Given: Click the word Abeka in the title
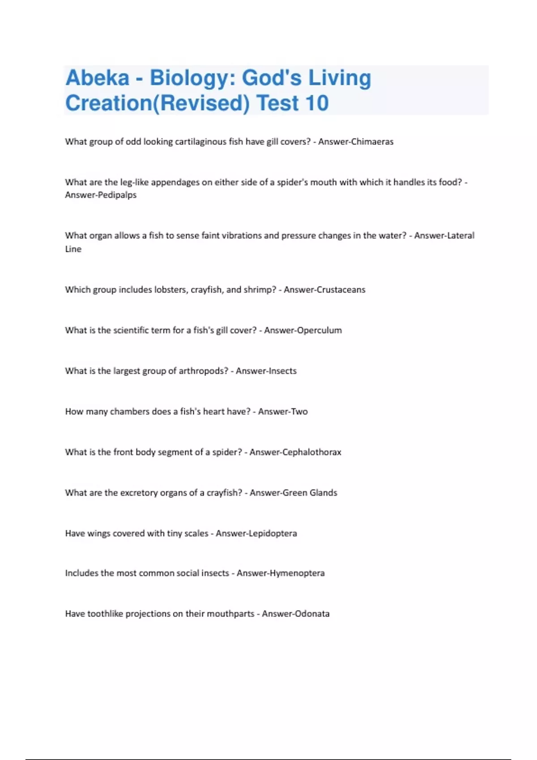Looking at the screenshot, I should point(97,78).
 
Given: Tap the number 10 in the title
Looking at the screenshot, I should point(316,103).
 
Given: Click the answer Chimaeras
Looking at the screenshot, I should point(372,142).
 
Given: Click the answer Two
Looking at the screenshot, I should point(299,412).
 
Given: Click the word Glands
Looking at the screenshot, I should point(323,493).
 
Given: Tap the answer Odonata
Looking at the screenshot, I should point(311,614).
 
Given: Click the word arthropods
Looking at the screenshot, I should point(203,371).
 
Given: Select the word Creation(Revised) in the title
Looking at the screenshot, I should point(158,103).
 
